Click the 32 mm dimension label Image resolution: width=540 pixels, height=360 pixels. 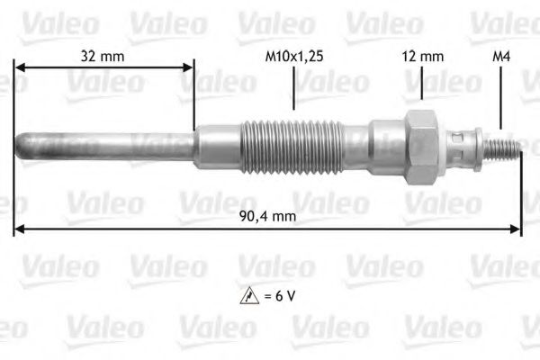pos(102,56)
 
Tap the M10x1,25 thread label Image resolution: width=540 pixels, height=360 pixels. pos(294,56)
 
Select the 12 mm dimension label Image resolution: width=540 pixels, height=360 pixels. pos(422,56)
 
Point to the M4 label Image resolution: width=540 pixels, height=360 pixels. pos(501,56)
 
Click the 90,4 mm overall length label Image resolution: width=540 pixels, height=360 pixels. pos(269,217)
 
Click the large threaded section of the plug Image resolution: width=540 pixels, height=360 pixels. pos(293,144)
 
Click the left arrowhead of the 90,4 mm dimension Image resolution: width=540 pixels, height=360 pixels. pos(19,230)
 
